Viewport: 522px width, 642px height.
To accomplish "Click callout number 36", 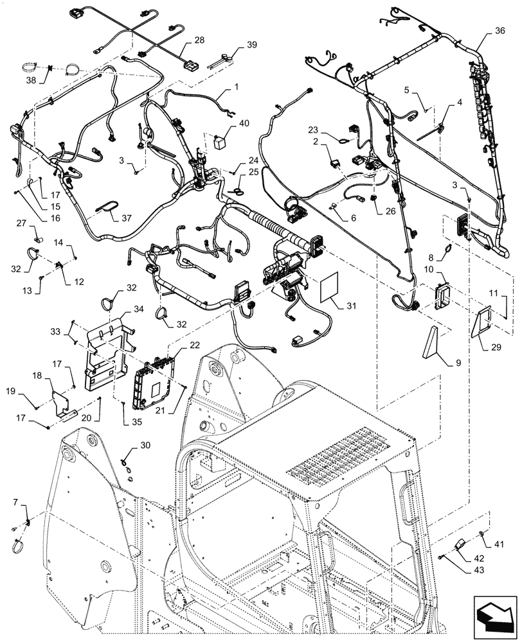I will point(500,30).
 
